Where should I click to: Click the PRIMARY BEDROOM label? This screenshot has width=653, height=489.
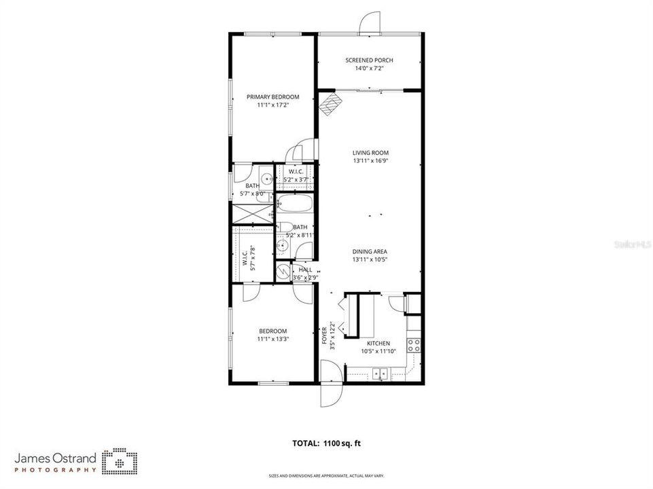272,97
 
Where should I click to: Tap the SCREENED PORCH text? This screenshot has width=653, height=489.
369,60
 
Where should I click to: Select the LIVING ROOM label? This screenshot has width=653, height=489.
370,153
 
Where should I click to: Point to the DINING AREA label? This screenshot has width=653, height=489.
370,251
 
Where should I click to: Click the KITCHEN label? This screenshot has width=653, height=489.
378,344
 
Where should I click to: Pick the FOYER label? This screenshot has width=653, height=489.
325,335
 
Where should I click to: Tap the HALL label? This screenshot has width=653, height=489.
305,270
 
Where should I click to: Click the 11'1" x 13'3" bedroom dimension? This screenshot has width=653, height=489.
273,339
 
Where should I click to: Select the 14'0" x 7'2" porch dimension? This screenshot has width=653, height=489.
369,69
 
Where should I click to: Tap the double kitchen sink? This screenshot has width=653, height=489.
379,372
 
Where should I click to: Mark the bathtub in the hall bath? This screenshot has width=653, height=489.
294,204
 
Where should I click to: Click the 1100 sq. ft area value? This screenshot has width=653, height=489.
342,443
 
